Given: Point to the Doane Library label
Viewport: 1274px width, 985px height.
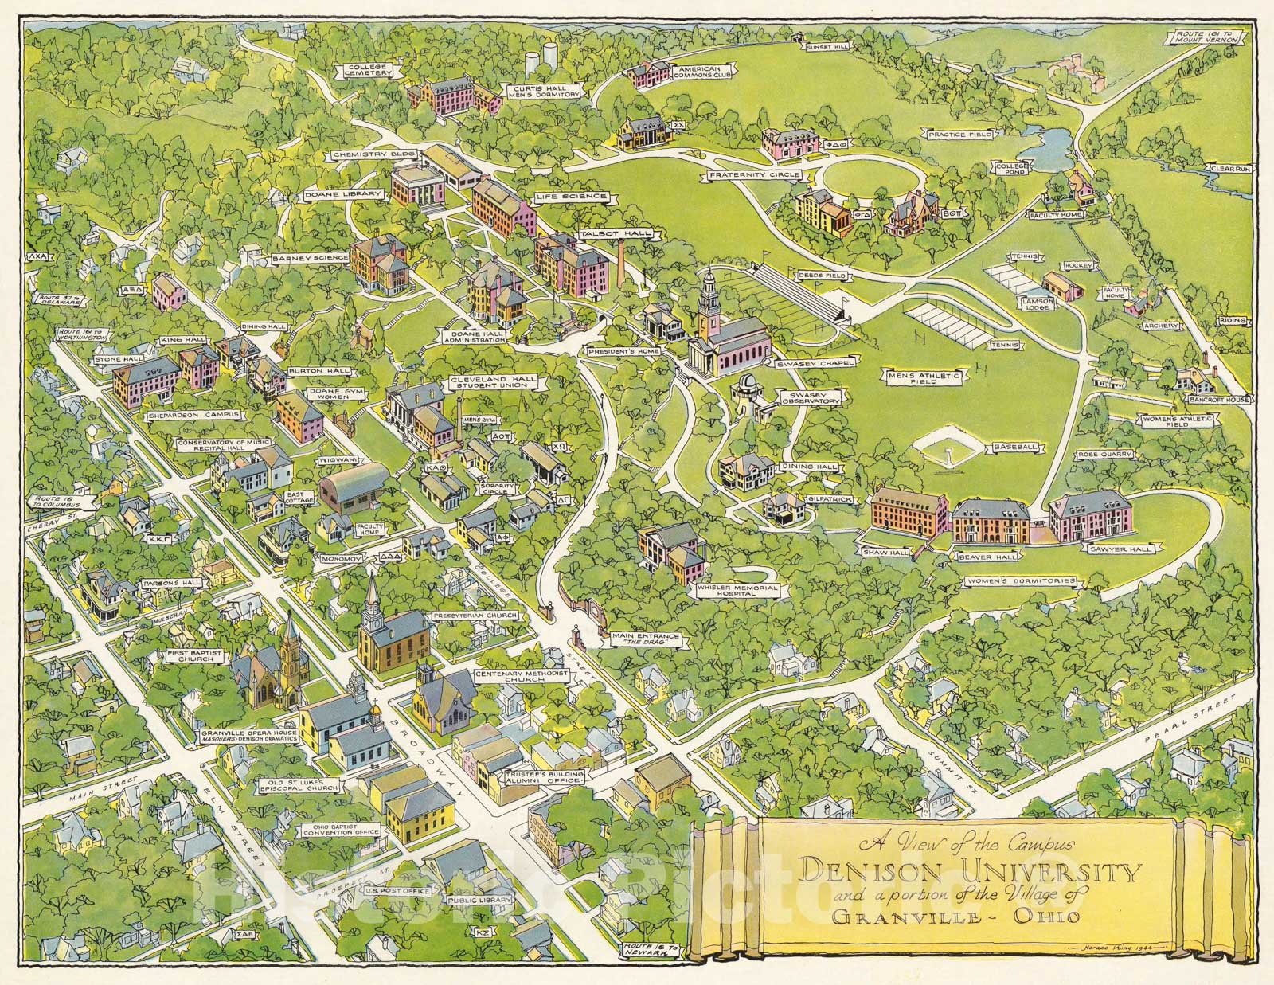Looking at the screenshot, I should point(343,194).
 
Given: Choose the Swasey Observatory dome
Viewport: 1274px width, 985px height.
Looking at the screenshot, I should point(748,384).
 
